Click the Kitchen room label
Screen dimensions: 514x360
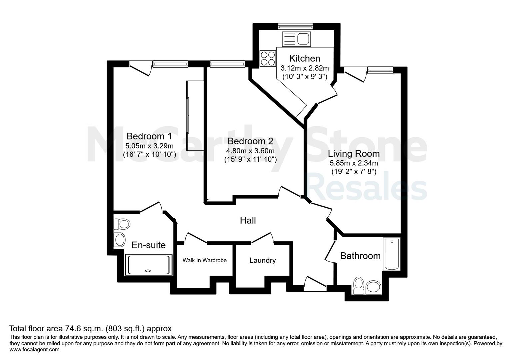tap(304, 59)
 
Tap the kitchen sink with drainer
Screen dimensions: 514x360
tap(296, 39)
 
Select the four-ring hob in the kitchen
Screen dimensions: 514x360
tap(268, 59)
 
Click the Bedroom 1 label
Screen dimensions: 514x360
tap(149, 136)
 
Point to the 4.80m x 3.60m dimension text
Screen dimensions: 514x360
tap(250, 151)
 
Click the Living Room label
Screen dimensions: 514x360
tap(354, 153)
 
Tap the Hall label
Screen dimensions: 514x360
tap(248, 220)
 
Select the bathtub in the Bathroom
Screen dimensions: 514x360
tap(392, 254)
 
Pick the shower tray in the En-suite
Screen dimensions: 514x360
tap(148, 265)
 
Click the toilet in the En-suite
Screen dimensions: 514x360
tap(122, 224)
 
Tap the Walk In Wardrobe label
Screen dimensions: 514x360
tap(204, 260)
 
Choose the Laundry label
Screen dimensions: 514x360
tap(263, 260)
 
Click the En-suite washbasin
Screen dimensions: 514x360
tap(120, 240)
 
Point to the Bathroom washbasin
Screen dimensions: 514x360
tap(373, 287)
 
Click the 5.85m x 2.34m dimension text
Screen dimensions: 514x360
tap(354, 163)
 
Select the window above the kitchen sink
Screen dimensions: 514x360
tap(296, 27)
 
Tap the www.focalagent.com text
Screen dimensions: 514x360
tap(34, 350)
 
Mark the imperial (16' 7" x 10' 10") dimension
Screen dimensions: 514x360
tap(149, 154)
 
